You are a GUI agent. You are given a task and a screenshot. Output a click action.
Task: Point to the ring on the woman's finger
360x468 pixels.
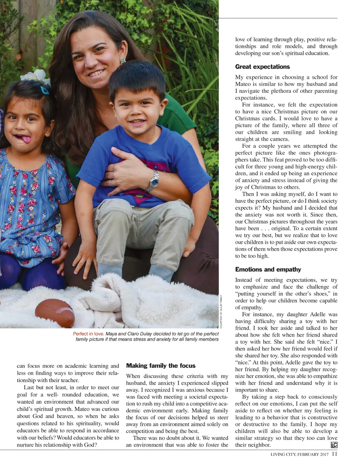112,183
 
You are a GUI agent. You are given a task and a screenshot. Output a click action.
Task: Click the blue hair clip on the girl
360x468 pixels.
44,90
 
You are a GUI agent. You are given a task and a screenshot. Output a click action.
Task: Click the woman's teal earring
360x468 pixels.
123,61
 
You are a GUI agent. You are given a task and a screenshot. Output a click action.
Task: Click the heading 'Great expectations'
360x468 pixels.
262,67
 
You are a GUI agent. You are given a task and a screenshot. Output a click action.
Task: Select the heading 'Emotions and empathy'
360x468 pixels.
268,270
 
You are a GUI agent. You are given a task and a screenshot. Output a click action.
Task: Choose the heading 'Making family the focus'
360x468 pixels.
161,366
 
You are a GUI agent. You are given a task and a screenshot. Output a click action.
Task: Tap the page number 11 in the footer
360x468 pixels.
334,454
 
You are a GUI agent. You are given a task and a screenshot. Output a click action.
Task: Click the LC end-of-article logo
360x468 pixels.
334,445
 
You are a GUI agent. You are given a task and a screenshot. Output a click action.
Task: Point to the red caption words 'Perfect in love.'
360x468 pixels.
88,334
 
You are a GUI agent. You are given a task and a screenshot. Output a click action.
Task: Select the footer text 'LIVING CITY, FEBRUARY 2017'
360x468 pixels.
300,454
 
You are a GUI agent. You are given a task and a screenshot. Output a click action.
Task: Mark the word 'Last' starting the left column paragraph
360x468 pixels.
30,387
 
